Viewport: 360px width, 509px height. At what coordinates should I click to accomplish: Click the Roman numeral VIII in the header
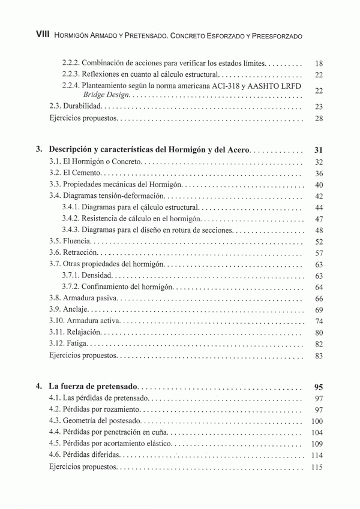coord(41,35)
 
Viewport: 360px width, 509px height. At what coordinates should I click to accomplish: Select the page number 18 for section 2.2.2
coord(319,63)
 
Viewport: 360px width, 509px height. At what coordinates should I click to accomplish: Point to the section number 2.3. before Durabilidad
coord(55,106)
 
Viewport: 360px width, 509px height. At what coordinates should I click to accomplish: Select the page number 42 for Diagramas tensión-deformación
coord(319,196)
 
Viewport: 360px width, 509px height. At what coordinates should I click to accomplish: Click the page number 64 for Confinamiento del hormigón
coord(319,287)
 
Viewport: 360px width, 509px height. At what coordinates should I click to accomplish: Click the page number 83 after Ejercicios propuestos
coord(319,356)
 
